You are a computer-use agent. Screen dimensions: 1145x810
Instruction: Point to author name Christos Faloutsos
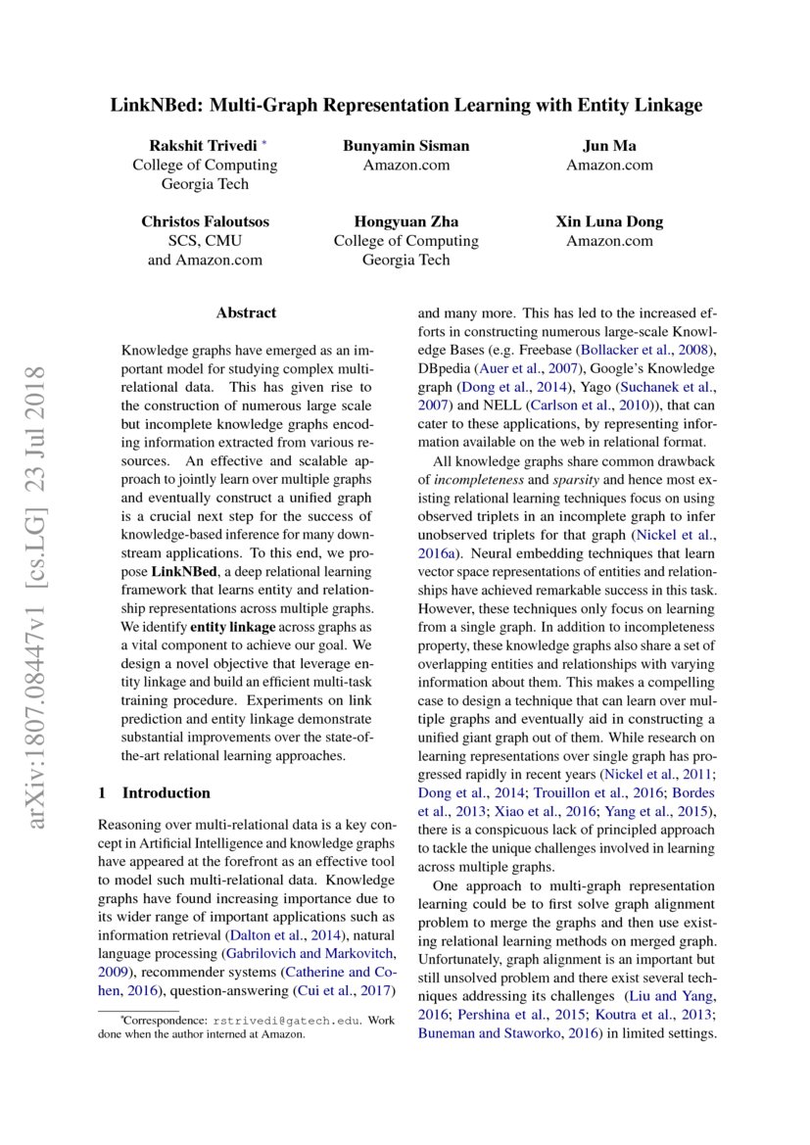coord(205,222)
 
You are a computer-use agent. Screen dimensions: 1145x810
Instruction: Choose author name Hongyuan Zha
coord(405,222)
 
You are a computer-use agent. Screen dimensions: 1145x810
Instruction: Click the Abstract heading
coord(246,313)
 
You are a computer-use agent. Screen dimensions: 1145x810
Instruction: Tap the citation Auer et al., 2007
coord(520,369)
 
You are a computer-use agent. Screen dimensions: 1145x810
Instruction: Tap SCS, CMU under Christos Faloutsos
coord(205,241)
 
